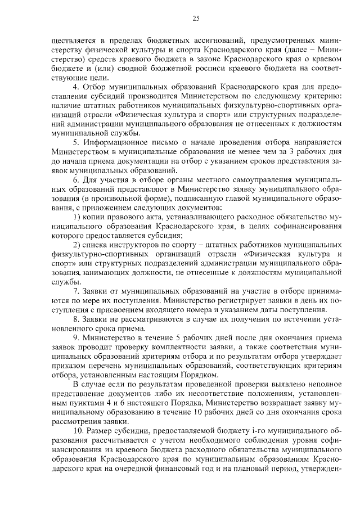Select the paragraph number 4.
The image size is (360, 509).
[x=76, y=87]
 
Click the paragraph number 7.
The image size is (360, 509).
[x=76, y=292]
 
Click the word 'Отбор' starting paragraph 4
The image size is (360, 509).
[x=95, y=87]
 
